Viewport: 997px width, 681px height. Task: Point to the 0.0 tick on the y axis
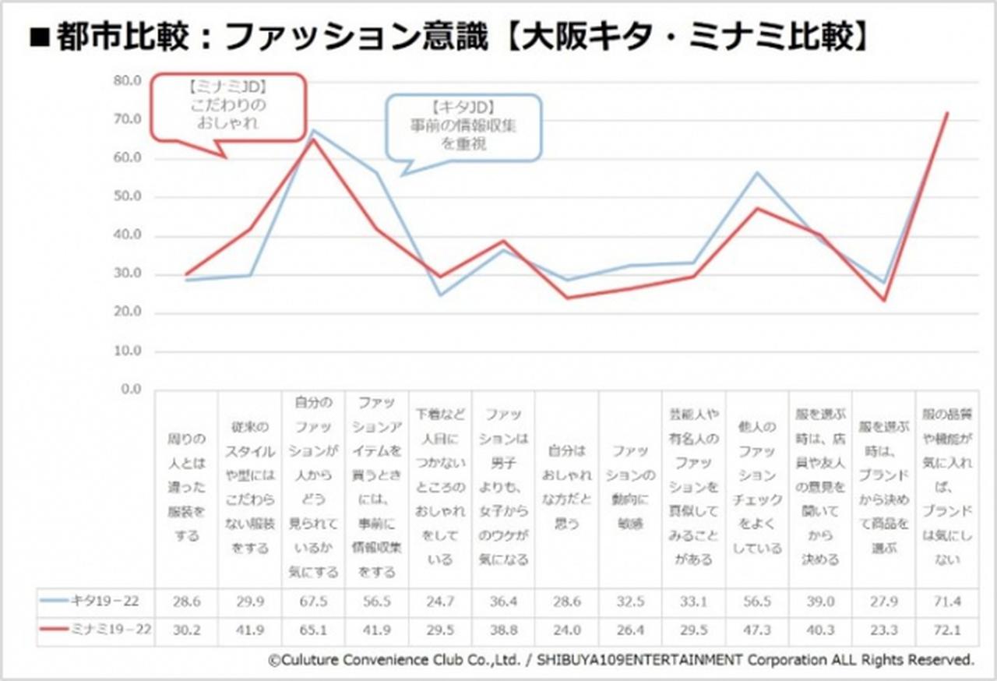(x=127, y=389)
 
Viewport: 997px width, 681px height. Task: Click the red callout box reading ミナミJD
(x=228, y=108)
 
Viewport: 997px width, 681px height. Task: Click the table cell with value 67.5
(x=313, y=600)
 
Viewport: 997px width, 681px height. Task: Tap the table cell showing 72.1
(x=947, y=629)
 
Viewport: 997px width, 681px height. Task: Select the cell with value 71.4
(x=947, y=600)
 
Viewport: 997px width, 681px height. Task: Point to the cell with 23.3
(x=884, y=629)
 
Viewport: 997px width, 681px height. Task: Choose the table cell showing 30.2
(x=186, y=629)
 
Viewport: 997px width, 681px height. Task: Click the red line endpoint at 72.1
(x=947, y=112)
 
